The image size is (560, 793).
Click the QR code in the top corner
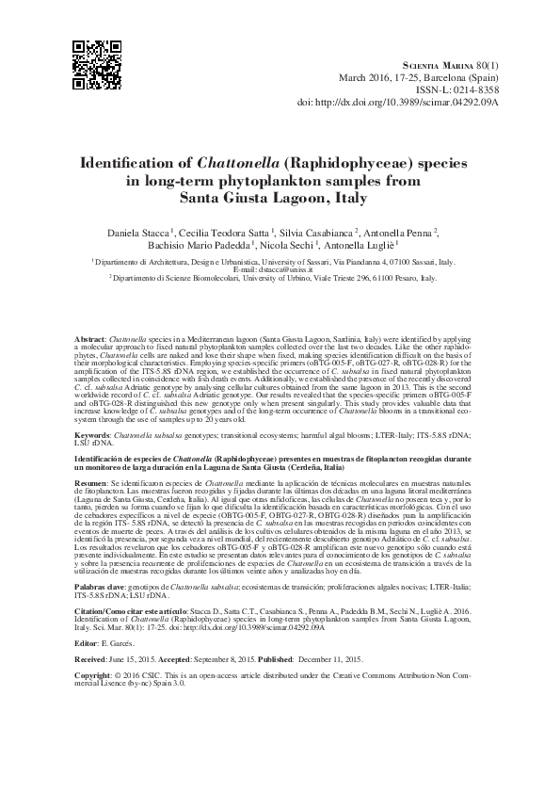click(97, 63)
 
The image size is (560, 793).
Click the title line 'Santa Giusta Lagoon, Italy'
click(280, 198)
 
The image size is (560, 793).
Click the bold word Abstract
click(88, 337)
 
